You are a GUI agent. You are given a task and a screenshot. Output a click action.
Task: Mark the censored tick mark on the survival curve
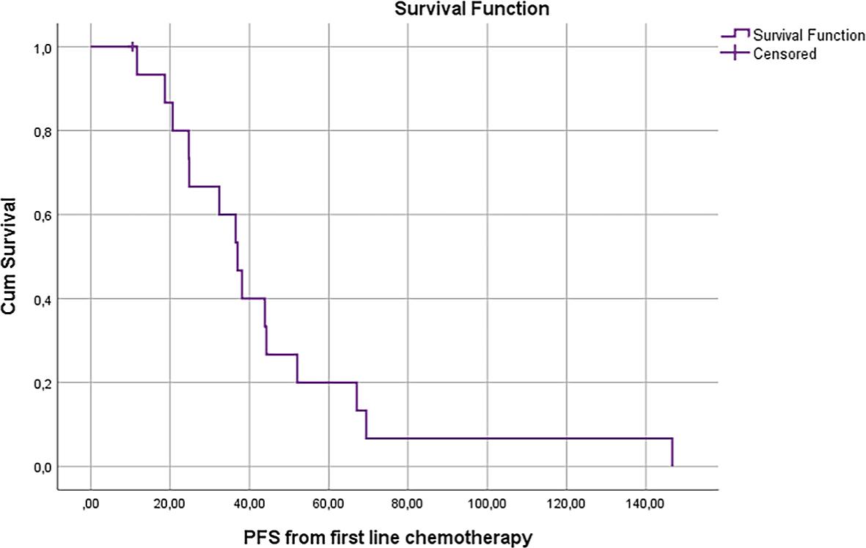coord(132,47)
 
